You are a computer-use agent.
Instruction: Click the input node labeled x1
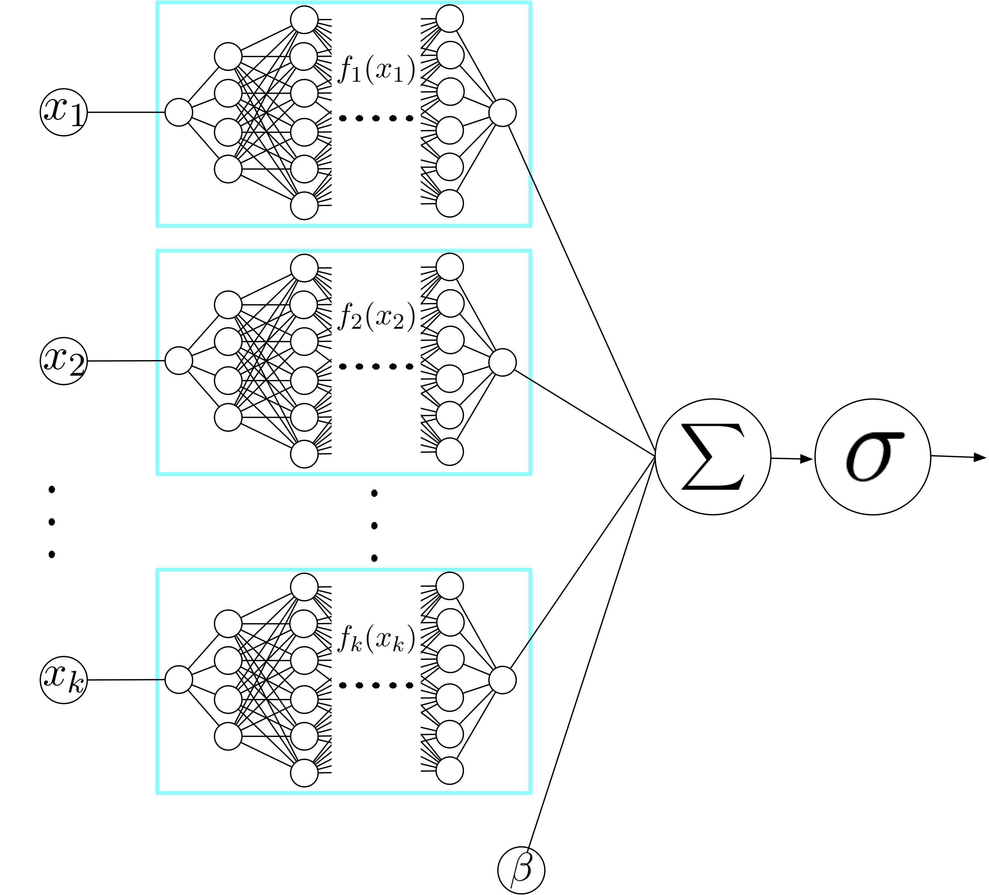click(63, 112)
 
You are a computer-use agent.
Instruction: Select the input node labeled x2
click(63, 361)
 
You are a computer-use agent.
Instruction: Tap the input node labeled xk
click(63, 680)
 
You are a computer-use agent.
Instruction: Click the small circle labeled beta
click(521, 869)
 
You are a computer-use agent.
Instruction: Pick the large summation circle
click(713, 457)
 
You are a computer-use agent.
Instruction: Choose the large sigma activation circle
click(873, 457)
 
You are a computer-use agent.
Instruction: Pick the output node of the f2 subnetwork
click(502, 362)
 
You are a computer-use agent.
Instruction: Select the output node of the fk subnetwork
click(502, 680)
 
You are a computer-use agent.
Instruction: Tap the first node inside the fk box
click(178, 680)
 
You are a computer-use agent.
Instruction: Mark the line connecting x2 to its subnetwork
click(125, 361)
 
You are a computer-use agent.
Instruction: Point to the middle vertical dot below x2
click(51, 522)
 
